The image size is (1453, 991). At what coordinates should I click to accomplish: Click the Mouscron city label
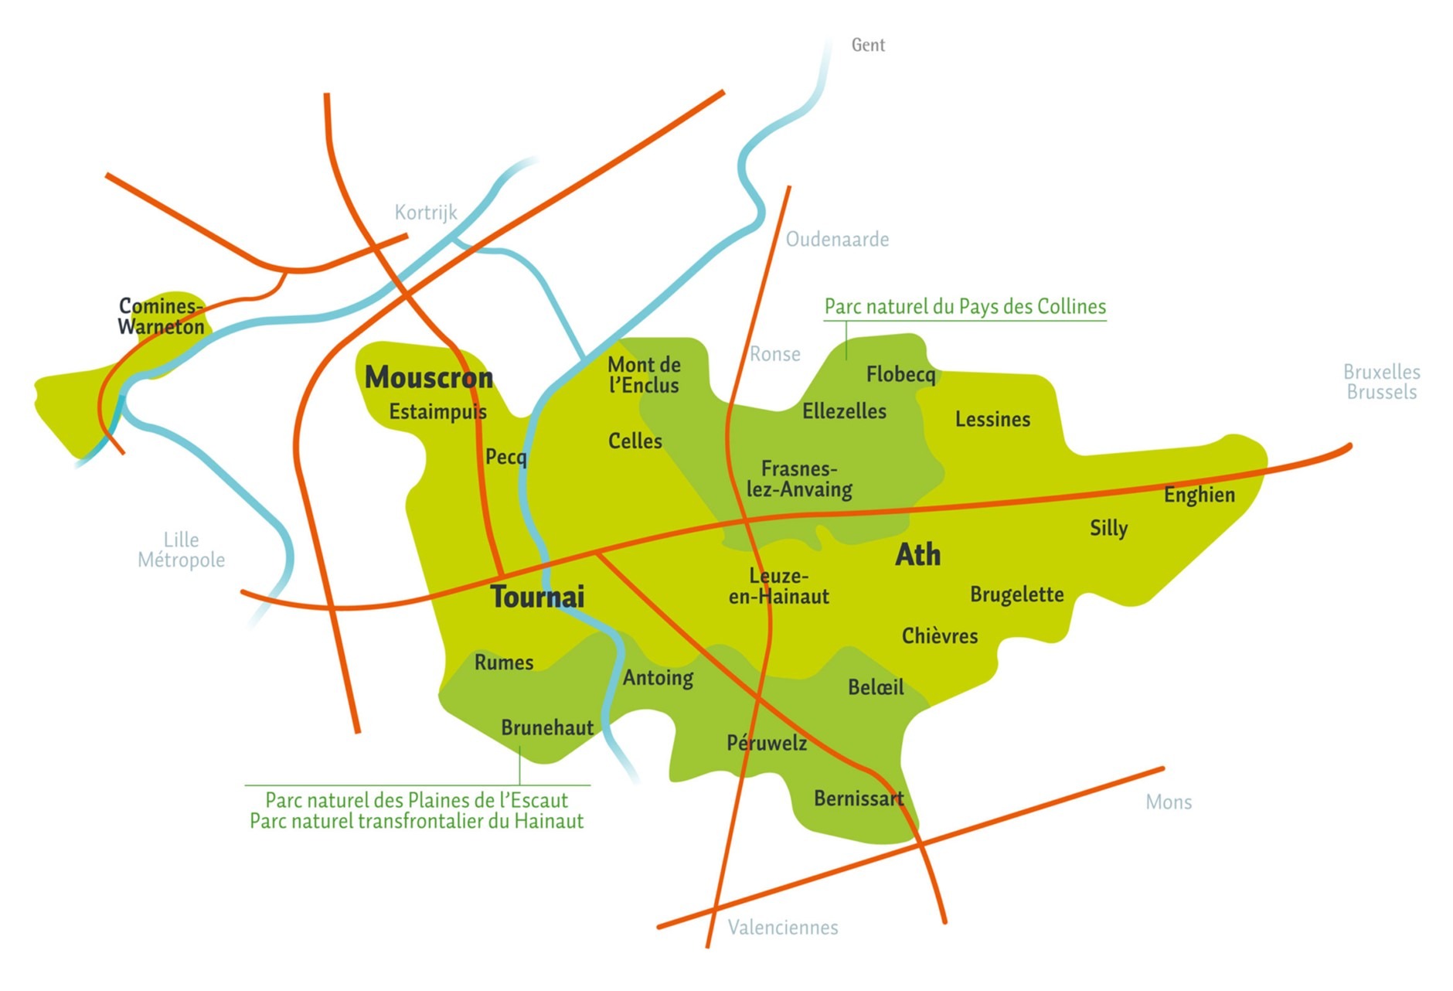428,377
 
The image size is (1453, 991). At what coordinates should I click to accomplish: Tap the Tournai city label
537,597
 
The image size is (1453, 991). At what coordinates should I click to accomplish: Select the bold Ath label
917,554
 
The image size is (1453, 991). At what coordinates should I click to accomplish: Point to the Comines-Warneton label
161,316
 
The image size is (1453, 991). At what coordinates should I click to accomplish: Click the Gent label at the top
867,45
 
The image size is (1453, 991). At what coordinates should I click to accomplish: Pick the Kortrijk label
425,212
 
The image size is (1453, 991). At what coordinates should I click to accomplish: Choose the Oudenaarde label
837,239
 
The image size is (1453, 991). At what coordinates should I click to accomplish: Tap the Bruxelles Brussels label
1381,382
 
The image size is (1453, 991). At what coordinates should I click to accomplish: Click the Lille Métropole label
181,550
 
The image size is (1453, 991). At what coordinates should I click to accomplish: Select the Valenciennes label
782,927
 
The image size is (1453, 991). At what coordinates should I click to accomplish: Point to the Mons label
1168,802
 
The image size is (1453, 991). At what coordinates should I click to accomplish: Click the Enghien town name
1199,495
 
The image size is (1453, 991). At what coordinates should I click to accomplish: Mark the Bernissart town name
858,798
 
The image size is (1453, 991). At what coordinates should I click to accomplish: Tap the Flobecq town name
900,374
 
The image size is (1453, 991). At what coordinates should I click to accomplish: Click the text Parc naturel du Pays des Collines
965,306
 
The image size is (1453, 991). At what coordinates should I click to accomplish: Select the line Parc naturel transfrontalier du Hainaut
416,821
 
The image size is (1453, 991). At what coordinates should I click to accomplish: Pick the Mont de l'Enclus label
643,375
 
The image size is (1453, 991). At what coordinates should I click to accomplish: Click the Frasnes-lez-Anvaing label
798,479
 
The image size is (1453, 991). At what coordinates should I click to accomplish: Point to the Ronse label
774,354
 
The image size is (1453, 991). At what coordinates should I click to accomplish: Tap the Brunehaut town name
546,727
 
